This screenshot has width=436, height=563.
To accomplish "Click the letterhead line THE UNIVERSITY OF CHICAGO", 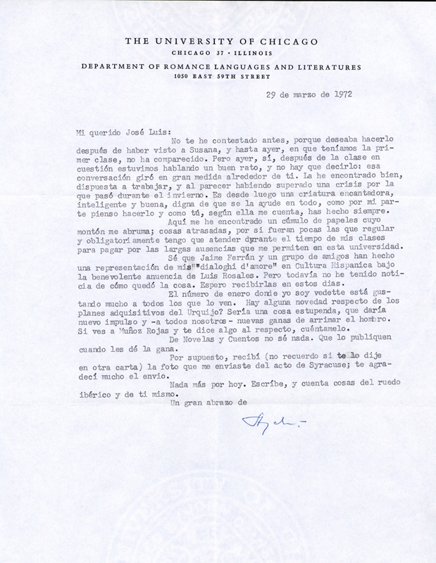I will pos(218,42).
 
